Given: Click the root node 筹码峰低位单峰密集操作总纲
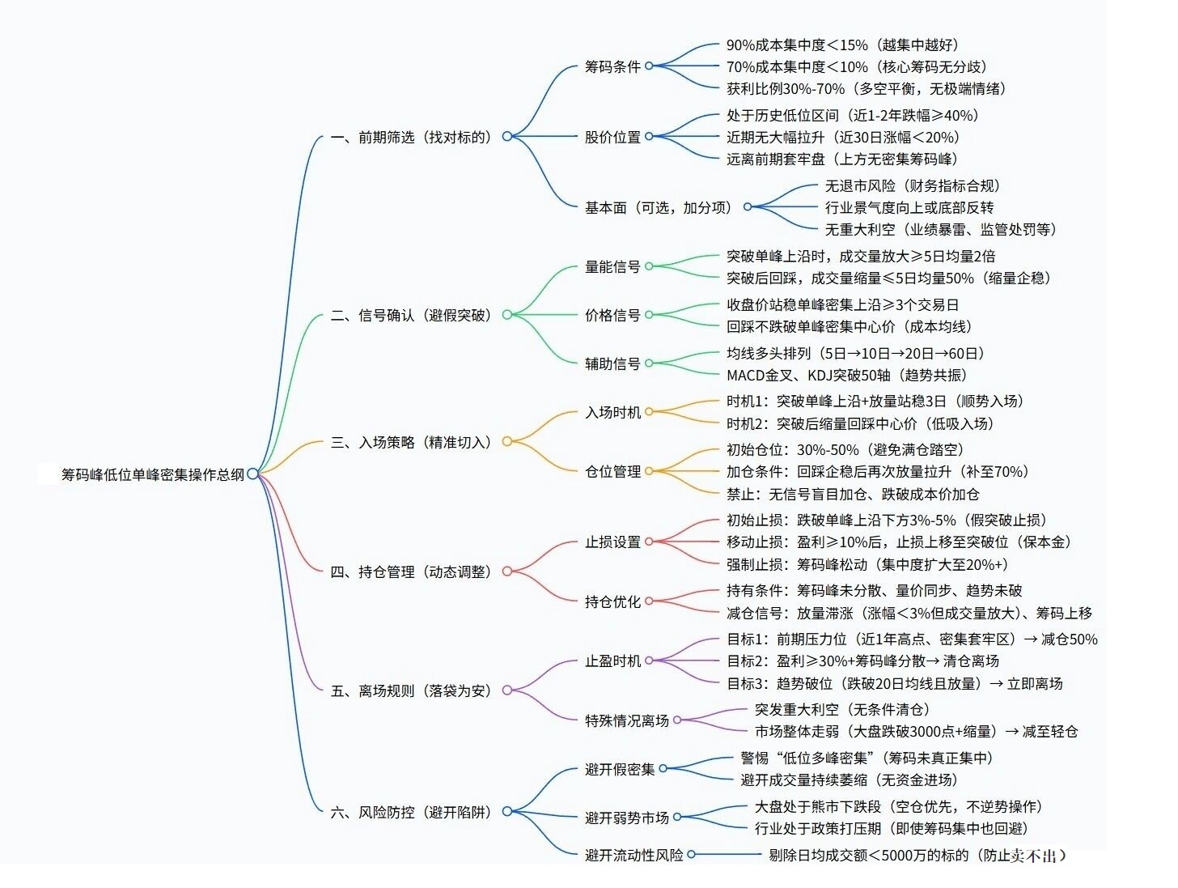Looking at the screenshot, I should [153, 474].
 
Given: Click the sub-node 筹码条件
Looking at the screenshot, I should [612, 66].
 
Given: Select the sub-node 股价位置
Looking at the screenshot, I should [612, 137].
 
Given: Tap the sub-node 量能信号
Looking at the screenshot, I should [612, 266].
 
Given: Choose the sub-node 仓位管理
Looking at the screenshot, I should [612, 471].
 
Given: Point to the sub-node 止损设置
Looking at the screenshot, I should [612, 542].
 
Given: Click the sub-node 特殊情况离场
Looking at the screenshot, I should [627, 720].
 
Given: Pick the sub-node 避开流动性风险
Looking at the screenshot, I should [634, 855].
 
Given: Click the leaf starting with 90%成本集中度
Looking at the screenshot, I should [841, 45].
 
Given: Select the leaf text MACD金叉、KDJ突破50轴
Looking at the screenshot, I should [846, 375].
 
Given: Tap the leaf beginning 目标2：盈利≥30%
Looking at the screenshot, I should [862, 661].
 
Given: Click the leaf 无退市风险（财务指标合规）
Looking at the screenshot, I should [913, 185].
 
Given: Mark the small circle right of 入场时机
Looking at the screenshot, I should [649, 412].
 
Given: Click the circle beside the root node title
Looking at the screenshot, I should [253, 474].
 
